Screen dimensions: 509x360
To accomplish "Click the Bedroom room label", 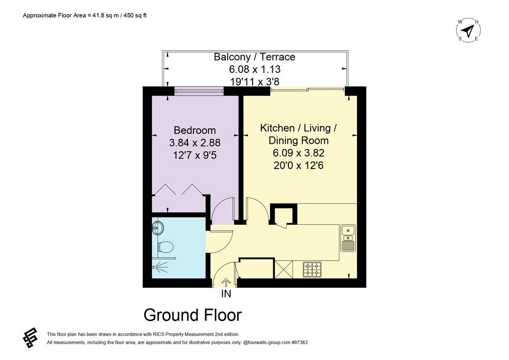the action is coord(195,130).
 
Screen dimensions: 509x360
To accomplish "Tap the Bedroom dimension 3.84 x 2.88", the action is coord(195,143).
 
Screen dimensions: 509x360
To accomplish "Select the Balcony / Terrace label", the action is coord(254,57).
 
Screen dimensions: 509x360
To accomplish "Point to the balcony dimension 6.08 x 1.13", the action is coord(255,69).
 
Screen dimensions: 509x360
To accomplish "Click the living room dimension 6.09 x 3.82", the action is coord(299,153).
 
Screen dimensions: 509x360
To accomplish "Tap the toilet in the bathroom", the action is coord(165,247).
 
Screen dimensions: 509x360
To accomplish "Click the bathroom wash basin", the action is coord(157,227).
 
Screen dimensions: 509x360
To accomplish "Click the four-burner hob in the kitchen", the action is coord(312,270).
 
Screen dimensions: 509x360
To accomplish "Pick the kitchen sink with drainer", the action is coord(348,238).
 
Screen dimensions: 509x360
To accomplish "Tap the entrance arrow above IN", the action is coord(226,282).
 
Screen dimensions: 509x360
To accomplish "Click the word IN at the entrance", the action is coord(226,294).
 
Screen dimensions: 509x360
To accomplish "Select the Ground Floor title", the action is coord(193,315).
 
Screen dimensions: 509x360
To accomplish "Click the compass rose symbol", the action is coord(468,30).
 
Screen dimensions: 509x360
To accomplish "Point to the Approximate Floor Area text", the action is coord(85,15).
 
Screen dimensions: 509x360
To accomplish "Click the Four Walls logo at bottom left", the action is coord(30,338).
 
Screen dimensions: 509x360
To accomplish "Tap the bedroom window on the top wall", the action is coord(199,91).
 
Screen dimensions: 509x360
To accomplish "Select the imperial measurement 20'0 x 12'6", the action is coord(299,166).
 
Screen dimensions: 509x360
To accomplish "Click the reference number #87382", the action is coord(300,342).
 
